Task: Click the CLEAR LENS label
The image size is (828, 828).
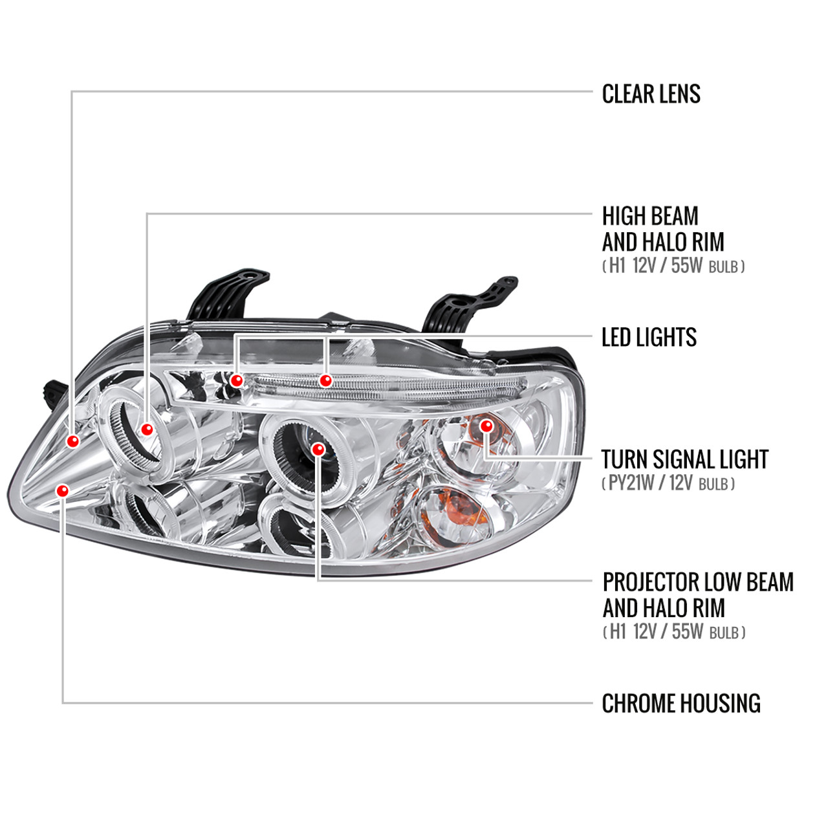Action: tap(651, 94)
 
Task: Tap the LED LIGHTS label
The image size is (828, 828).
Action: tap(649, 338)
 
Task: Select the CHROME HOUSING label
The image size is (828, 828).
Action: tap(681, 704)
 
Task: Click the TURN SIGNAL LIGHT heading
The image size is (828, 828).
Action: tap(684, 460)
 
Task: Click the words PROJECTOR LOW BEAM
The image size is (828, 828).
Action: tap(697, 582)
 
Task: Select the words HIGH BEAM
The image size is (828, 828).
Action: tap(650, 216)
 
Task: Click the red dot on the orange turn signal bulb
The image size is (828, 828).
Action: tap(486, 426)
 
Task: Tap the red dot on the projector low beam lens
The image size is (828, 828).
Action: tap(318, 449)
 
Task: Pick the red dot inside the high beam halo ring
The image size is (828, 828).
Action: tap(147, 430)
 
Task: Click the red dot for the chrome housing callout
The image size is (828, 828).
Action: tap(62, 491)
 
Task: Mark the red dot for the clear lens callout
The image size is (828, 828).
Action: tap(73, 441)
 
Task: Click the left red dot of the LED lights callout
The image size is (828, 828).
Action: tap(237, 380)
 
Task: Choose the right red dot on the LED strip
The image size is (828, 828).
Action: tap(325, 380)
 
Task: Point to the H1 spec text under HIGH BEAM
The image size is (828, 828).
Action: tap(673, 266)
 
